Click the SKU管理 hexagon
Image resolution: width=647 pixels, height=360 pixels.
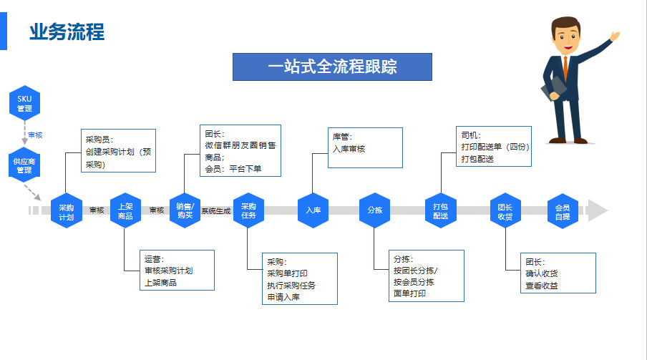pos(25,103)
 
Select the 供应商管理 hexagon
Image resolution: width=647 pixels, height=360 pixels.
pos(24,165)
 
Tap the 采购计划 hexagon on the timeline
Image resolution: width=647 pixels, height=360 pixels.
pos(67,210)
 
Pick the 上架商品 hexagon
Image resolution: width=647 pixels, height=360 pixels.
pos(125,210)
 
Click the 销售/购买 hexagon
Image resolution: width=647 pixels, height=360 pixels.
pos(185,210)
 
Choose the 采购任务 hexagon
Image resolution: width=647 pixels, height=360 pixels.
pos(248,210)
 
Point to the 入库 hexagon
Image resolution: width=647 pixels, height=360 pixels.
pos(313,210)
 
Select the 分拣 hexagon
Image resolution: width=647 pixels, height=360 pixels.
pos(374,210)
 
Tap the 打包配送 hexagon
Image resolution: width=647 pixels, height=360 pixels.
pos(441,210)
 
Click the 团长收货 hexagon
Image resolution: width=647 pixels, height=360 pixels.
pos(505,210)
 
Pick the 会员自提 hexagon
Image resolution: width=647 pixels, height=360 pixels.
pos(563,210)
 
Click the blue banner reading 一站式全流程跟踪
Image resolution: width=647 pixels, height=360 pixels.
pos(332,67)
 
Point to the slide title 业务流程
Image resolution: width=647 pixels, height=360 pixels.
pos(67,31)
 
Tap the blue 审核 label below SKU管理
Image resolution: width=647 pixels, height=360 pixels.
pos(35,135)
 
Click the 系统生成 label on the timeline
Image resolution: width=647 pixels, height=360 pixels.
pos(216,211)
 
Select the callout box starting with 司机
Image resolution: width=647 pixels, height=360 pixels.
pos(494,147)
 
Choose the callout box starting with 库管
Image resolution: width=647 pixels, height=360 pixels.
pos(365,148)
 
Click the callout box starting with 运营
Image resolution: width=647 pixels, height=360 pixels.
pos(177,271)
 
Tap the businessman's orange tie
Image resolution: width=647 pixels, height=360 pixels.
pos(565,68)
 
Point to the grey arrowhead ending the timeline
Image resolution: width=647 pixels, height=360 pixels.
pos(597,210)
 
